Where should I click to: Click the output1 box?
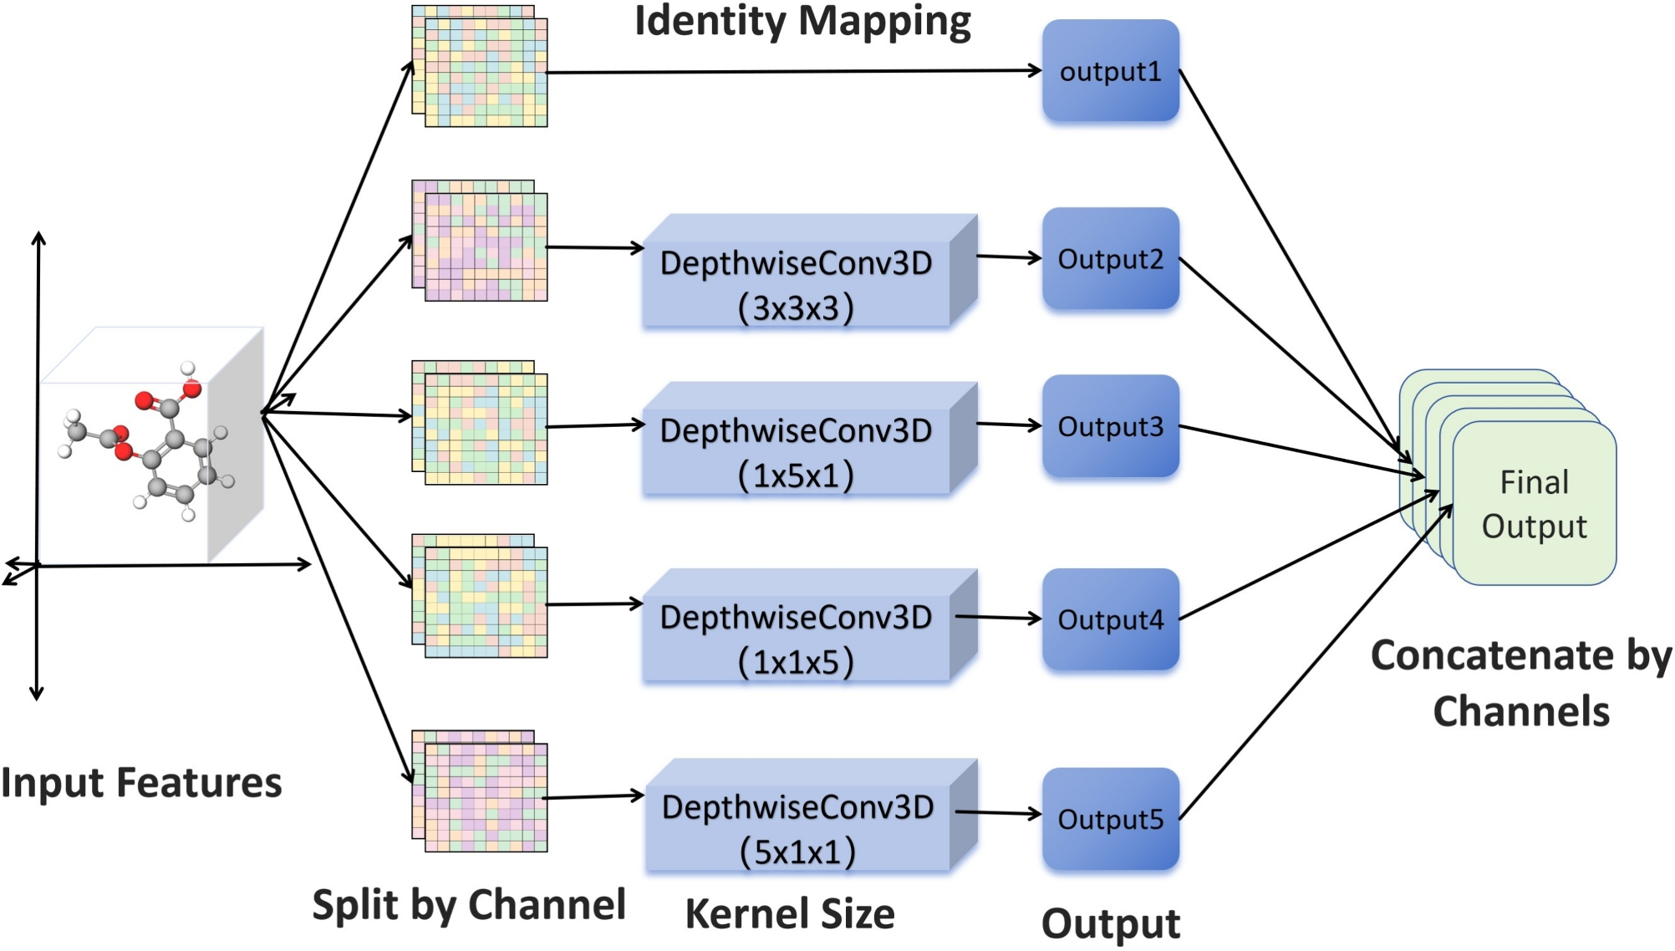point(1111,71)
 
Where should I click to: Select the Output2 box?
point(1111,259)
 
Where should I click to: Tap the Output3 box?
point(1111,426)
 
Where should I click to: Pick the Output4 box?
point(1111,619)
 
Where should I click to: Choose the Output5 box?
point(1111,819)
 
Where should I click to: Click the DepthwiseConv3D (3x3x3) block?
point(809,272)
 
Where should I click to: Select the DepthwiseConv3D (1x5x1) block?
point(809,440)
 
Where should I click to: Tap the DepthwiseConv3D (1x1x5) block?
point(809,626)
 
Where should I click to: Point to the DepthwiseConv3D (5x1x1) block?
point(811,816)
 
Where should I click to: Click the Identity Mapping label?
point(802,21)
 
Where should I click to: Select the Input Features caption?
point(141,783)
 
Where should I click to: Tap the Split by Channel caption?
point(469,905)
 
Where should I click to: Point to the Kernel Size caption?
point(790,914)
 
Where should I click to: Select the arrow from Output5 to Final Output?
point(1316,662)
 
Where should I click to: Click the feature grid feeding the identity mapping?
point(480,66)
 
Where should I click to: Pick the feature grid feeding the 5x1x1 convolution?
point(480,791)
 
